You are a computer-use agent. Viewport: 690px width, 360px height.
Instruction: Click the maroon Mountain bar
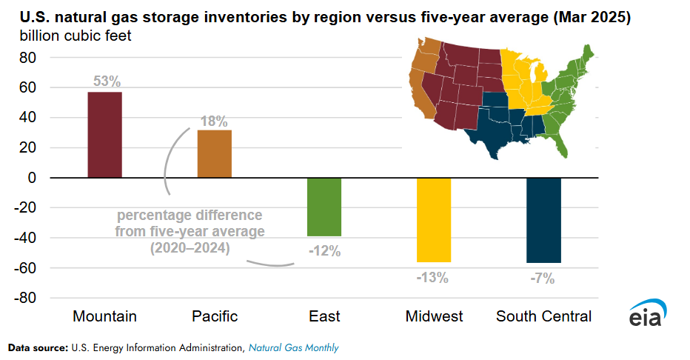104,135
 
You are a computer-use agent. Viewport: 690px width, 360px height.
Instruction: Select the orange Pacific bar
214,153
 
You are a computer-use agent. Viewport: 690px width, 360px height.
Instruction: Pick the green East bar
324,207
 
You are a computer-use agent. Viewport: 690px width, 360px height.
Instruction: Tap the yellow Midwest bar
433,220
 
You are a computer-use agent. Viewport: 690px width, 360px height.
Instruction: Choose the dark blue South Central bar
543,220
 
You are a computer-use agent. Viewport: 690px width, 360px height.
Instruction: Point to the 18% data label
213,121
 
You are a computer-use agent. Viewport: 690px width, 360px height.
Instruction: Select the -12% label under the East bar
324,251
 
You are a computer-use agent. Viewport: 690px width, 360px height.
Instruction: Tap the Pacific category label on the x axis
215,316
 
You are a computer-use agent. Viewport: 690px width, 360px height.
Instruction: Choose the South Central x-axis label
543,316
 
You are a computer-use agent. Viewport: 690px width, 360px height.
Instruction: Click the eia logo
649,315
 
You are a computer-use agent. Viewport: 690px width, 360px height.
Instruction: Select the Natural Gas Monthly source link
293,347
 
